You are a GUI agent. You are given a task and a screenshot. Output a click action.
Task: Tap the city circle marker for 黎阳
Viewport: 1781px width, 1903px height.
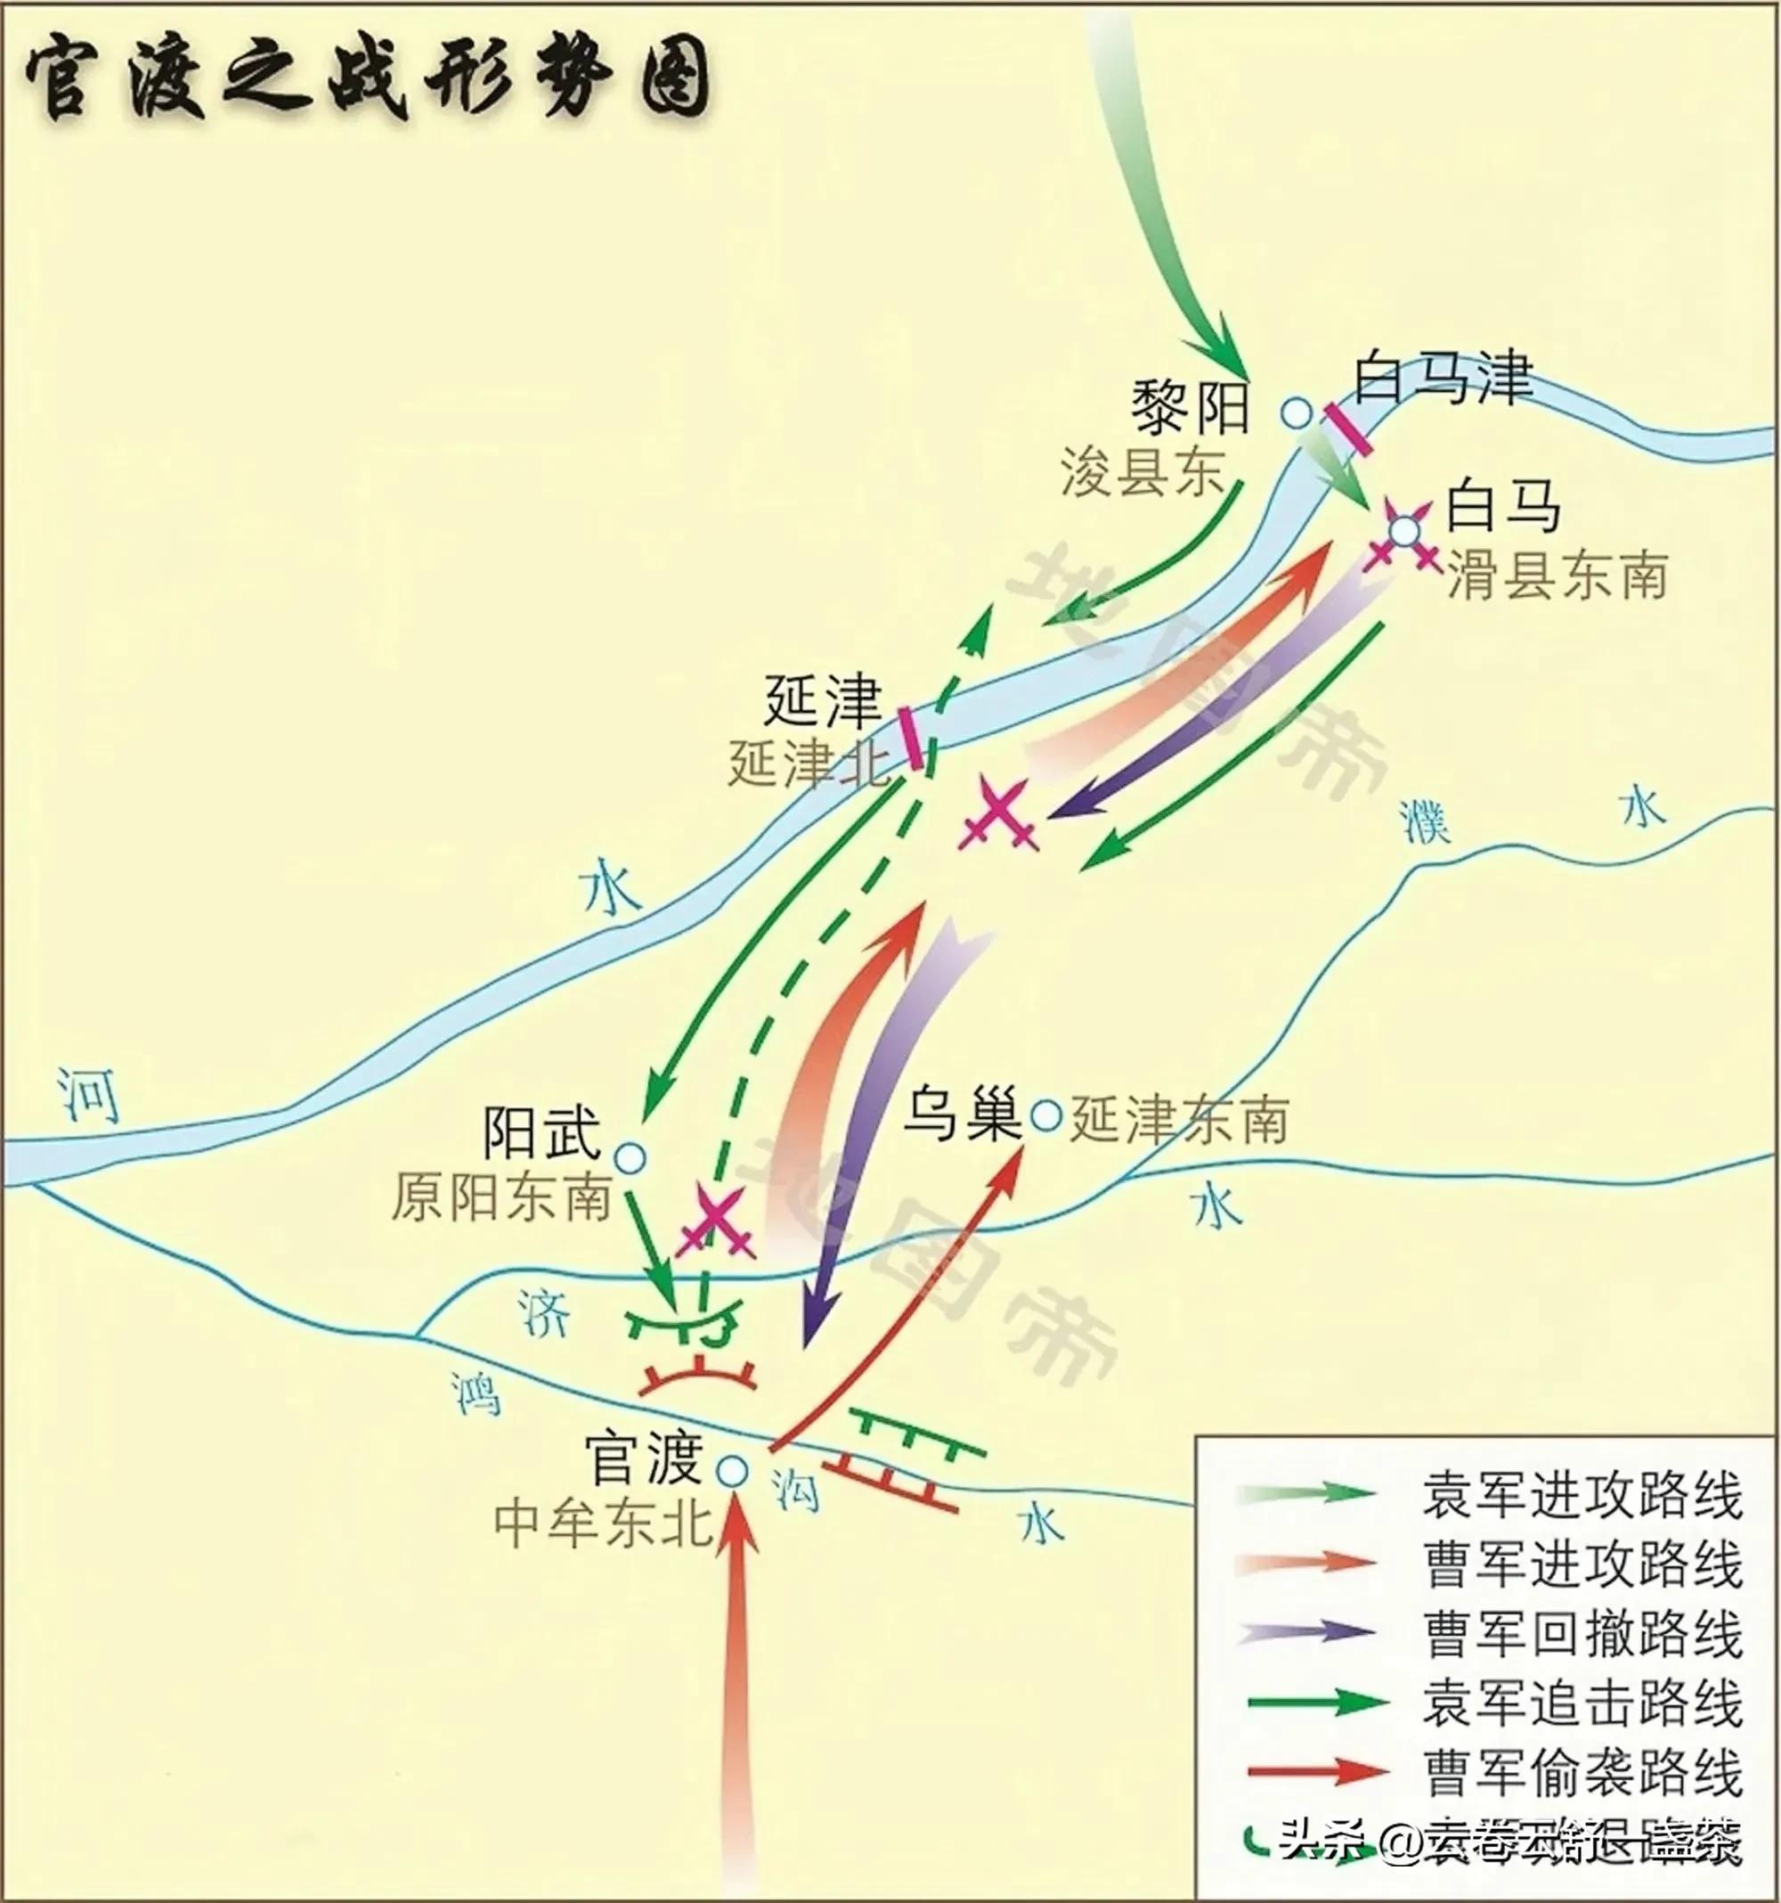tap(1297, 412)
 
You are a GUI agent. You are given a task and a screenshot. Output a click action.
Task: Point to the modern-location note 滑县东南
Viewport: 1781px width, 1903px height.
tap(1557, 577)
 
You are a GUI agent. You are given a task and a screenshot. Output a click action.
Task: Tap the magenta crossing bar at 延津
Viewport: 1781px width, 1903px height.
tap(912, 738)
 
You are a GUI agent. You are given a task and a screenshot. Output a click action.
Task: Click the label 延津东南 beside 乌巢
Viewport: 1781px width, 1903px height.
tap(1179, 1120)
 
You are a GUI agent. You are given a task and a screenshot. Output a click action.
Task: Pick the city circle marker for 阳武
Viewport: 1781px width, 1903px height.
tap(630, 1159)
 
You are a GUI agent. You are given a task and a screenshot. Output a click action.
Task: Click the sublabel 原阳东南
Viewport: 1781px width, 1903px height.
tap(500, 1198)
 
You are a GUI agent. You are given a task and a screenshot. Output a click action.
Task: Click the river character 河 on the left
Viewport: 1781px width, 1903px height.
tap(87, 1094)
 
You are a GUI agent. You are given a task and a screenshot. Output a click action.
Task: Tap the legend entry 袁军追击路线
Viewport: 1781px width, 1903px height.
tap(1582, 1702)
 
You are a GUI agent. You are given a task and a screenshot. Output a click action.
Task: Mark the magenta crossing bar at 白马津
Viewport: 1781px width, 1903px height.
tap(1347, 429)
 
